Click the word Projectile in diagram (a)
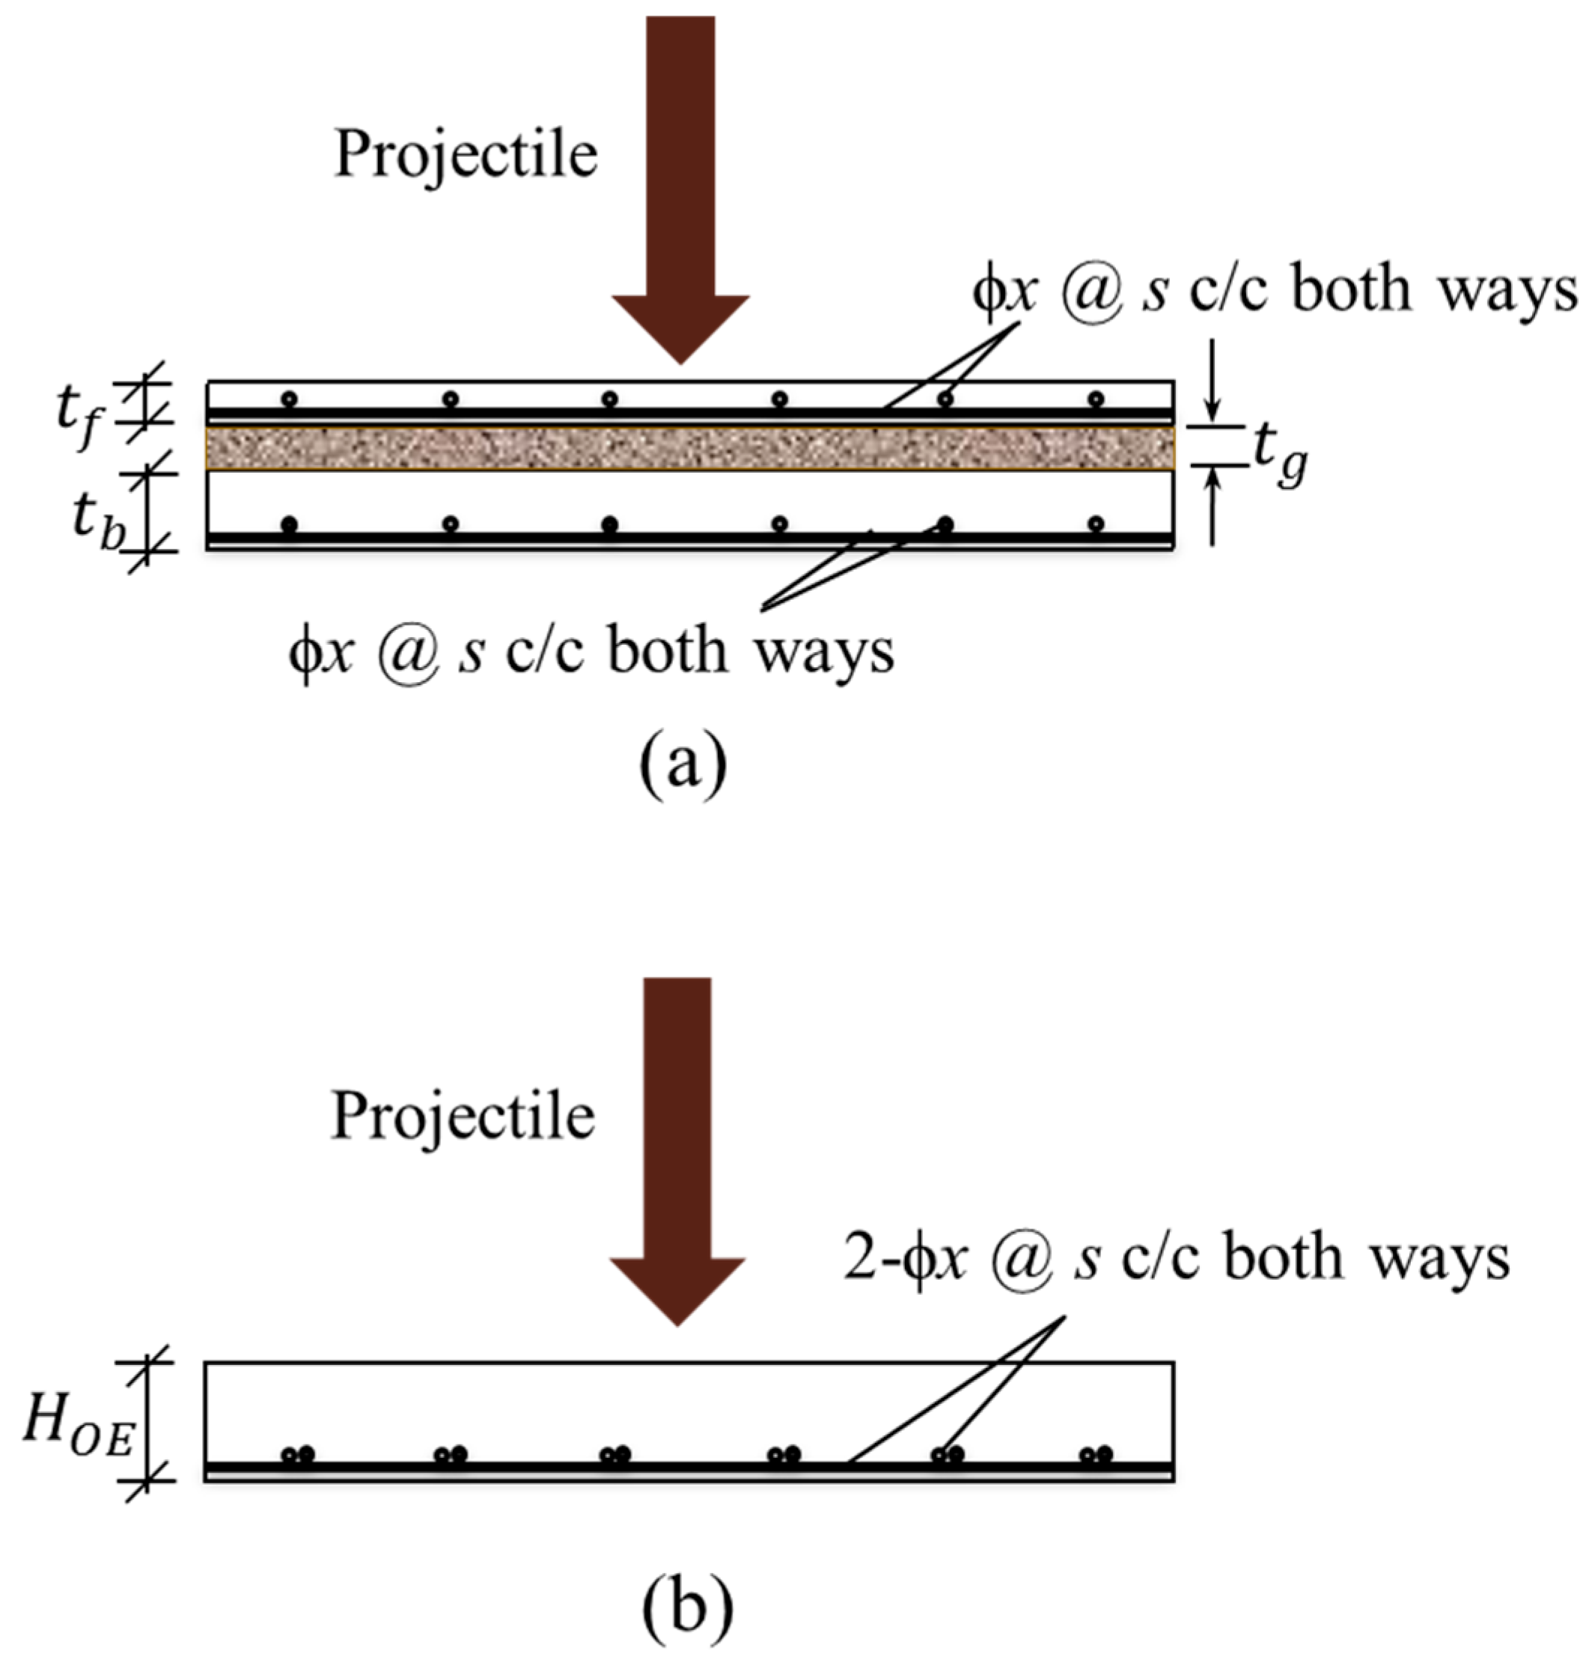coord(466,155)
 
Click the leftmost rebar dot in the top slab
coord(290,399)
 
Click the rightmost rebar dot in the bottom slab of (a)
coord(1096,524)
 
